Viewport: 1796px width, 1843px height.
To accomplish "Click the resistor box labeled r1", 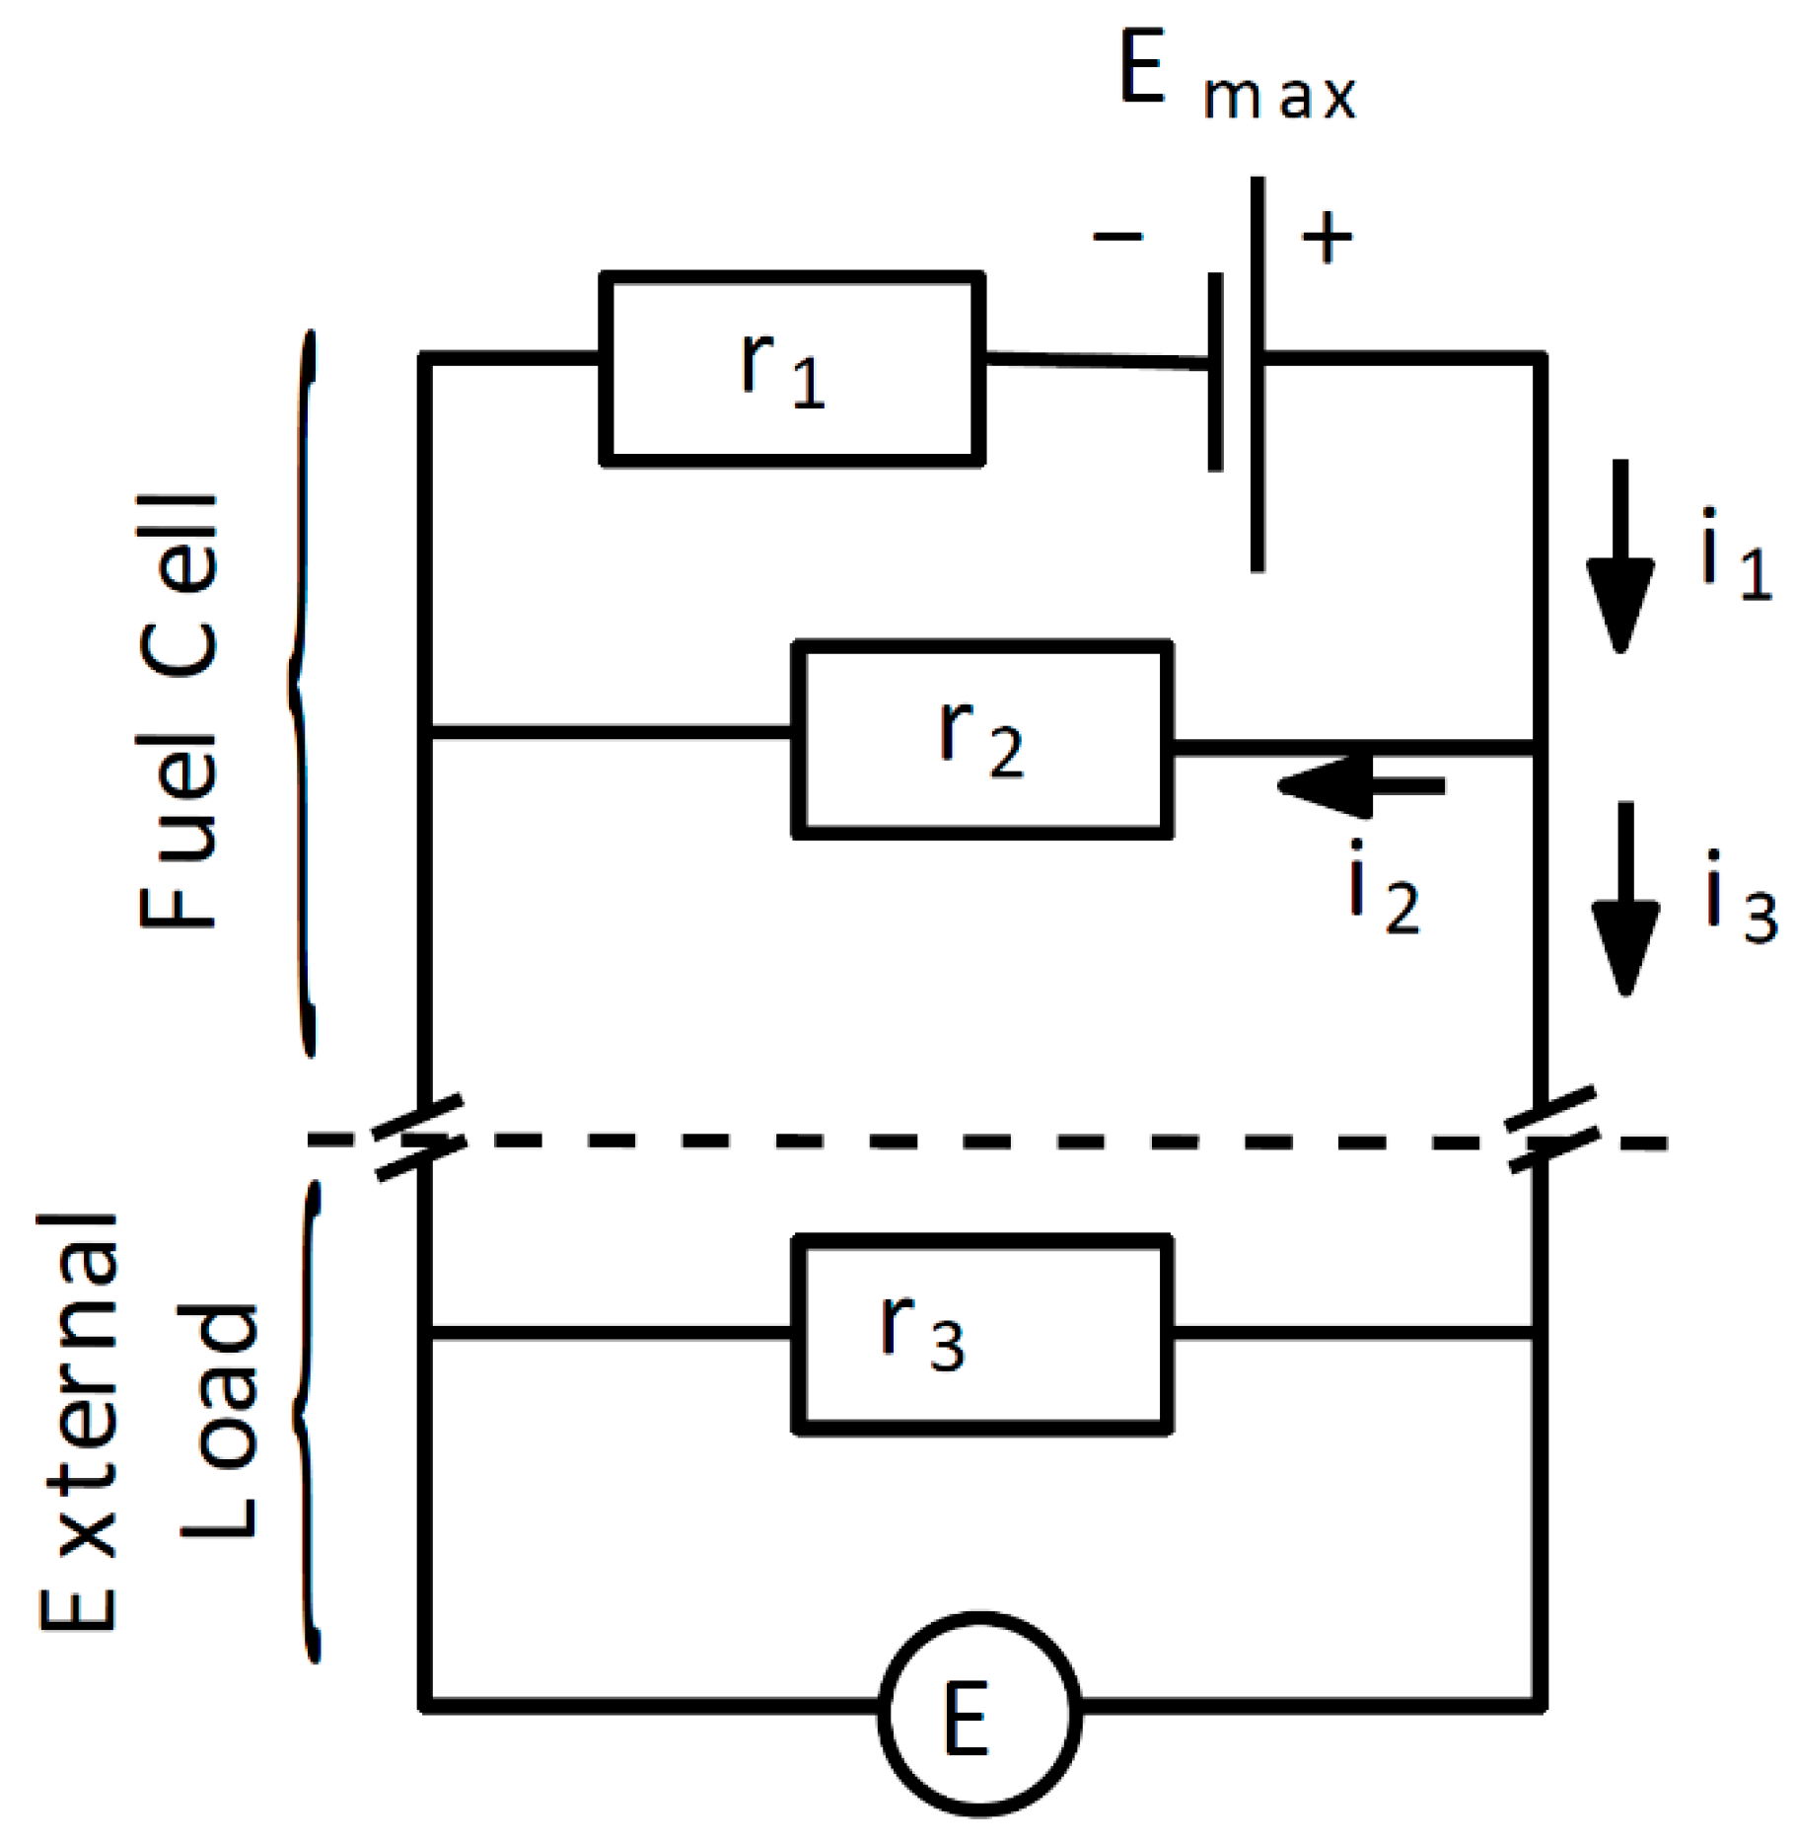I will [792, 368].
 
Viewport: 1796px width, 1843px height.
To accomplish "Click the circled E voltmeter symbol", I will [978, 1714].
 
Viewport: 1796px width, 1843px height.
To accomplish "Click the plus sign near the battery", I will [1327, 238].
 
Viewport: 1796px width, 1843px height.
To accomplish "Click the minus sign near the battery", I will [1117, 236].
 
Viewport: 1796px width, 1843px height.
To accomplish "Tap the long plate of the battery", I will [1257, 375].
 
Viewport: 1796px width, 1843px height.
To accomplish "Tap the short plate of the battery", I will [1216, 373].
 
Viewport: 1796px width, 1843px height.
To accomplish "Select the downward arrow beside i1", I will [1619, 557].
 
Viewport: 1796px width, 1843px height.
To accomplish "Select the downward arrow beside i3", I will [1624, 900].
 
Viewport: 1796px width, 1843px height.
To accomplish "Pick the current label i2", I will [1383, 888].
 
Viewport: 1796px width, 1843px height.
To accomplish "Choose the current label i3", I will [1741, 898].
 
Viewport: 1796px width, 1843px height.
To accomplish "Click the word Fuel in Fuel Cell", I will [178, 829].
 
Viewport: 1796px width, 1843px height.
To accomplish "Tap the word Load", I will [219, 1421].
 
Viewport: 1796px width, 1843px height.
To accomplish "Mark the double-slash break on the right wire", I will [1554, 1130].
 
